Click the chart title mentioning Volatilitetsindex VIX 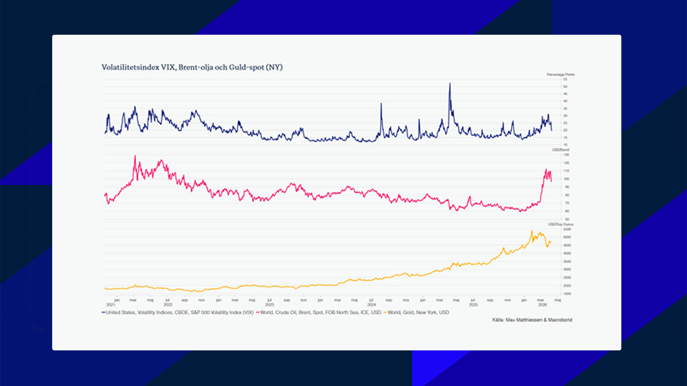point(192,67)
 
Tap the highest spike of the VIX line point(450,84)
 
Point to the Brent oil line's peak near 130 point(135,156)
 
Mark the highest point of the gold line point(531,231)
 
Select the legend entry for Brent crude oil point(320,312)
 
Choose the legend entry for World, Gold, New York point(418,312)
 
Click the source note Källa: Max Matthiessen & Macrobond point(532,320)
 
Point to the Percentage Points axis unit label point(560,75)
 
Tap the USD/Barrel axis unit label point(560,150)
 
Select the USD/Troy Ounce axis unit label point(560,224)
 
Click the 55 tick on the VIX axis point(565,79)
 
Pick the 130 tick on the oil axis point(566,155)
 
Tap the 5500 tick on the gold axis point(567,229)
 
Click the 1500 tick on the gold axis point(567,294)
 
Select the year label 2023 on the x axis point(270,305)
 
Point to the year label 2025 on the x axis point(473,305)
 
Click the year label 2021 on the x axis point(110,305)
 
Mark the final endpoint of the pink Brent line point(551,181)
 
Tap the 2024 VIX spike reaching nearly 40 point(381,104)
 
